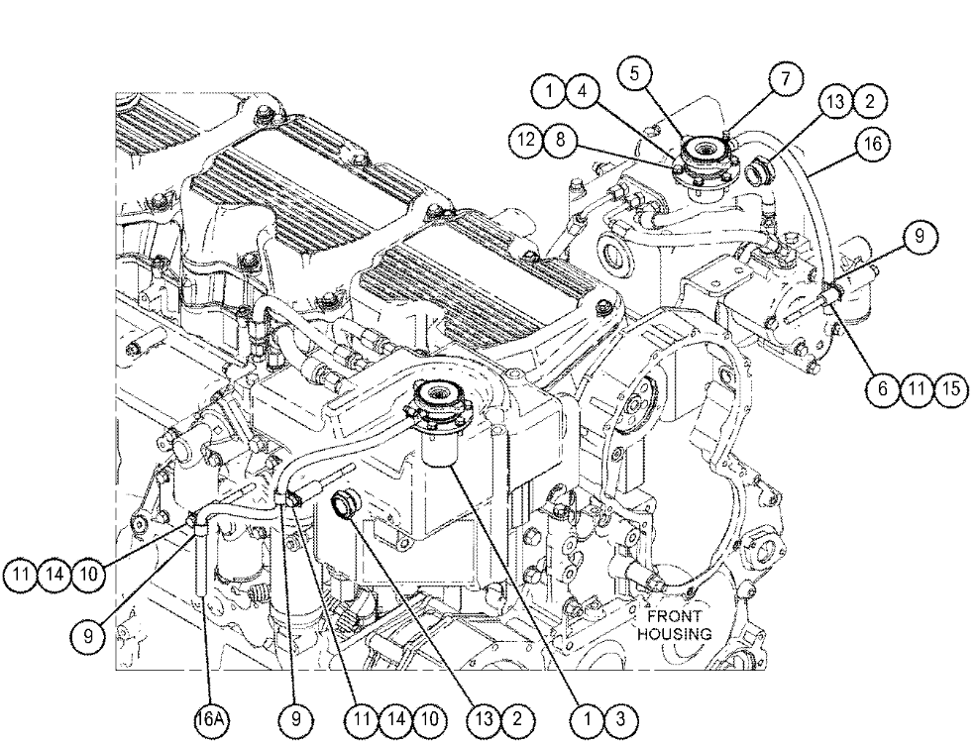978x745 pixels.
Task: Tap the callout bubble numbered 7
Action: [x=784, y=80]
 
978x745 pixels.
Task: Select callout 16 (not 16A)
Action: [x=871, y=145]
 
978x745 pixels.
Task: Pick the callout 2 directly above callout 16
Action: [x=871, y=102]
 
